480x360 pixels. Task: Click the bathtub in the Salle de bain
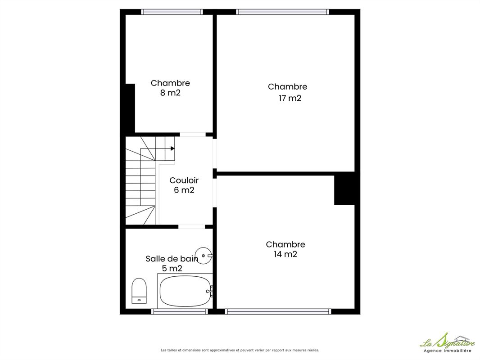click(x=185, y=291)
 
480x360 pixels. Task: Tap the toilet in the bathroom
click(x=139, y=291)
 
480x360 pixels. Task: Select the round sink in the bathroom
click(x=204, y=256)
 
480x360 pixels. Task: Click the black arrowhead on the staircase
click(x=172, y=148)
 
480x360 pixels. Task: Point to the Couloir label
click(x=184, y=180)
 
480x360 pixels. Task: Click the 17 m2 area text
click(x=290, y=98)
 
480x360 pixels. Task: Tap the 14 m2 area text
click(x=285, y=254)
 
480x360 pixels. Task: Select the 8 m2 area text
click(x=170, y=93)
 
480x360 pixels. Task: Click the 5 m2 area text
click(x=172, y=269)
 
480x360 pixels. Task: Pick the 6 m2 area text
click(x=184, y=190)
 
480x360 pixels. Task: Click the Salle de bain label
click(x=172, y=259)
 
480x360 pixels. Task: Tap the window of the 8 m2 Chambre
click(x=172, y=12)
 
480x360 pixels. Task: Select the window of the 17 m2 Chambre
click(x=282, y=12)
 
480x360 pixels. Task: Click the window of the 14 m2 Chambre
click(x=278, y=311)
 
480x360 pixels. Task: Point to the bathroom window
click(x=179, y=311)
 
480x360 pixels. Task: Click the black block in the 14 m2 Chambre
click(x=344, y=189)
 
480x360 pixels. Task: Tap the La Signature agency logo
click(x=447, y=342)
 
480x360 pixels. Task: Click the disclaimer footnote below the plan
click(x=240, y=350)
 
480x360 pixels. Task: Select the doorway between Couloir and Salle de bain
click(x=192, y=227)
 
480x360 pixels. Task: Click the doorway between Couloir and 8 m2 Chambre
click(x=193, y=135)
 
